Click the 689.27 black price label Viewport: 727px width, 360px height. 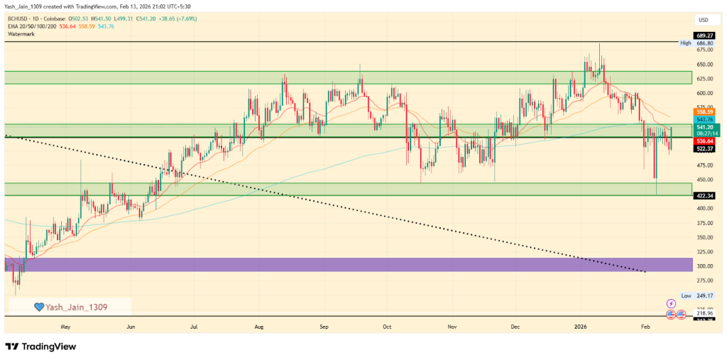pyautogui.click(x=704, y=35)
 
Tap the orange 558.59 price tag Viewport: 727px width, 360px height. pyautogui.click(x=704, y=112)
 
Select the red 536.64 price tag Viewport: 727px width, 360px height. pyautogui.click(x=704, y=141)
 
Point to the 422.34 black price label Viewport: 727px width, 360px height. pyautogui.click(x=704, y=195)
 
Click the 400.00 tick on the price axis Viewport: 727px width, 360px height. pyautogui.click(x=704, y=209)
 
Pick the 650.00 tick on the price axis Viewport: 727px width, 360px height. pyautogui.click(x=704, y=64)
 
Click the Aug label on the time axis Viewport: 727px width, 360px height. pyautogui.click(x=259, y=327)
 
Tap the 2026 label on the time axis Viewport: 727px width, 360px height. pyautogui.click(x=581, y=327)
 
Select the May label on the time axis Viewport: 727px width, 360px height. pyautogui.click(x=66, y=327)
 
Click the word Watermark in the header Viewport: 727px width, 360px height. pyautogui.click(x=22, y=33)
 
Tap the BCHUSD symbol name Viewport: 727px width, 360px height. pyautogui.click(x=20, y=18)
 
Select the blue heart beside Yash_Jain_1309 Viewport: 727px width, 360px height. pyautogui.click(x=40, y=307)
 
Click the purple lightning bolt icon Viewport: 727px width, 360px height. pyautogui.click(x=671, y=303)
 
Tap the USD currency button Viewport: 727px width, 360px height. pyautogui.click(x=704, y=19)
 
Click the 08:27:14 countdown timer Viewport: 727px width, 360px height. pyautogui.click(x=704, y=133)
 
